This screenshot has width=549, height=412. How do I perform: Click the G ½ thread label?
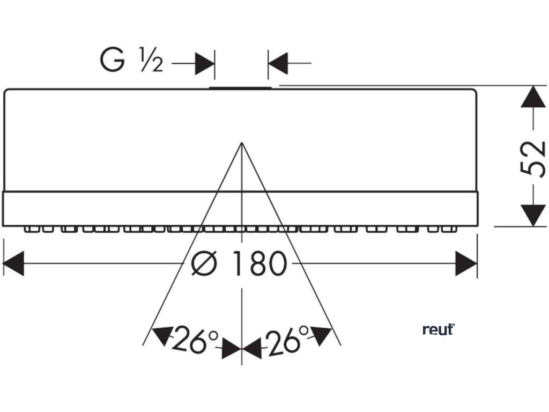[x=131, y=60]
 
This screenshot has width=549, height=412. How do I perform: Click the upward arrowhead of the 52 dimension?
[x=532, y=97]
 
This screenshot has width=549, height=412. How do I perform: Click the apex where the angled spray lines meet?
[x=242, y=143]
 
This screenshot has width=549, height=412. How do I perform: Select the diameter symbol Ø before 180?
[x=204, y=264]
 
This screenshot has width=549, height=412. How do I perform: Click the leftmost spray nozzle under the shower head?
[x=31, y=230]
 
